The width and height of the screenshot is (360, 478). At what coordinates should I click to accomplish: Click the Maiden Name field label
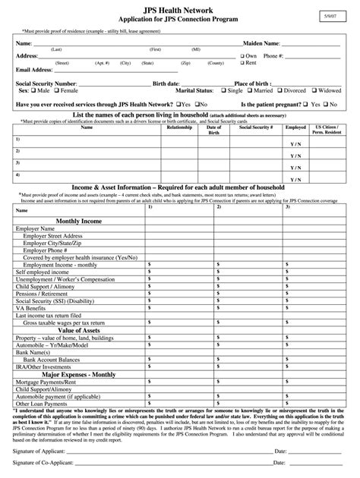point(261,44)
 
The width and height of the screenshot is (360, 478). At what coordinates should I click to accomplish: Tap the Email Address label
point(34,69)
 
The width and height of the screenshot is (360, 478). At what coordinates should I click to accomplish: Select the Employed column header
point(295,127)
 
